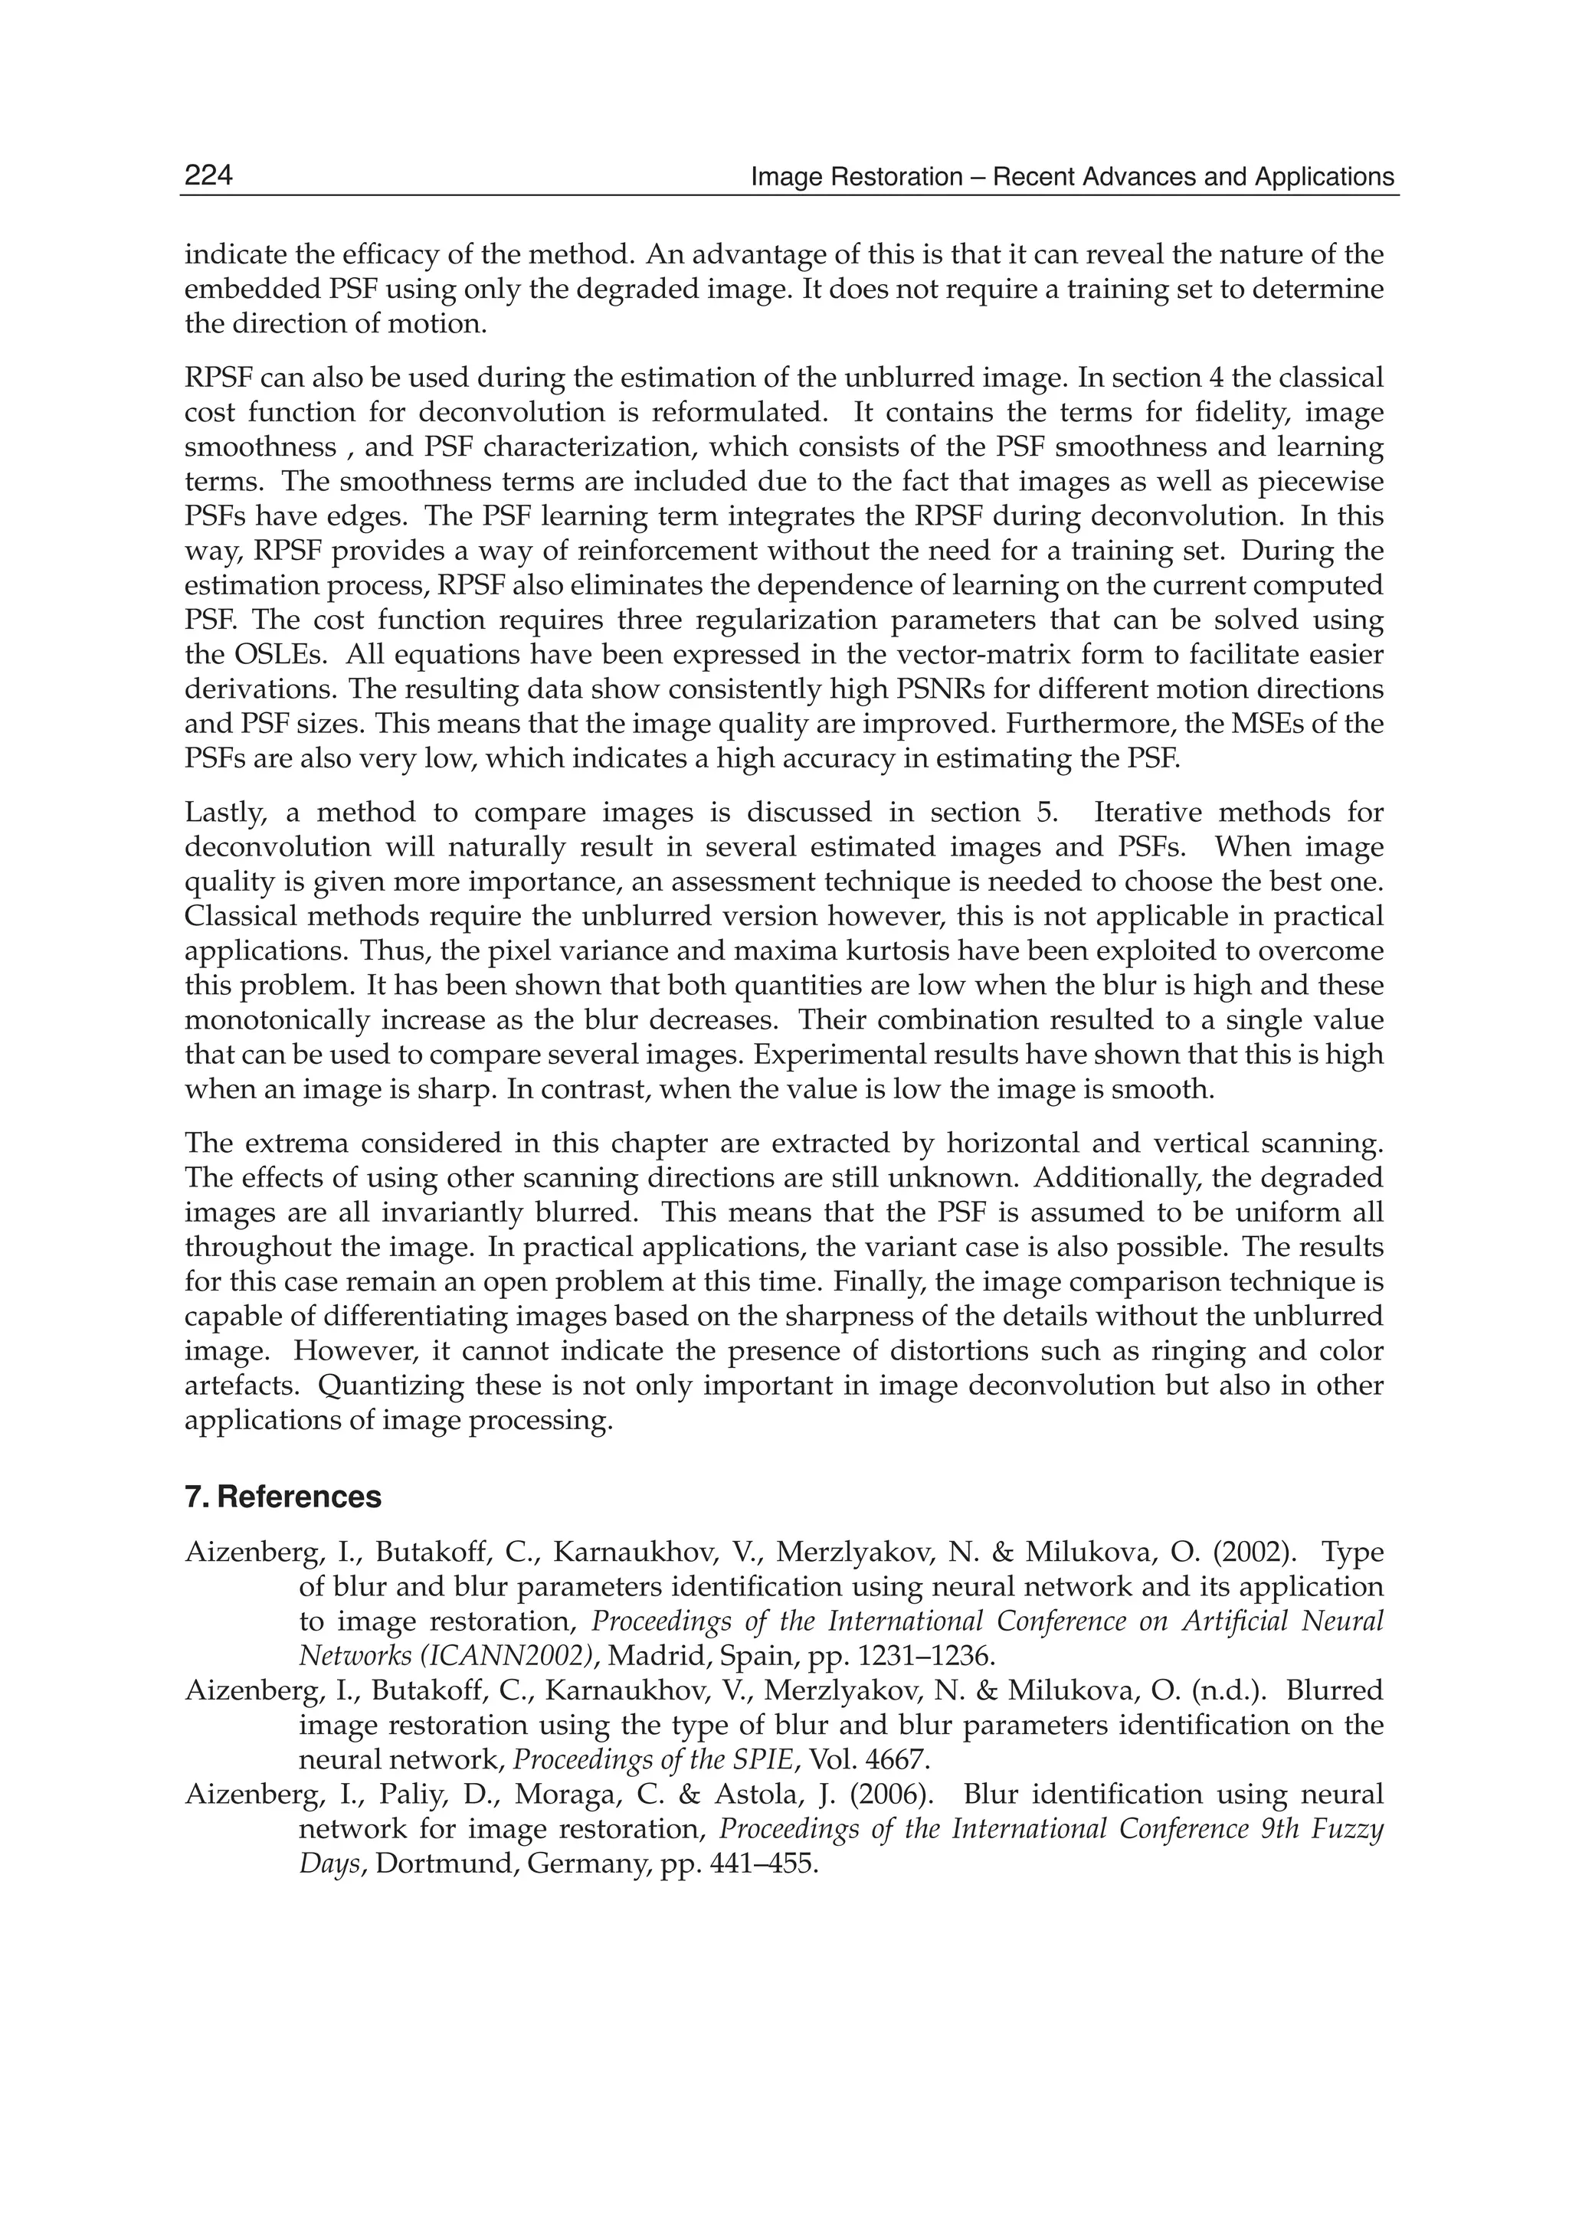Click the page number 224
coord(208,176)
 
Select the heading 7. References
coord(283,1497)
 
